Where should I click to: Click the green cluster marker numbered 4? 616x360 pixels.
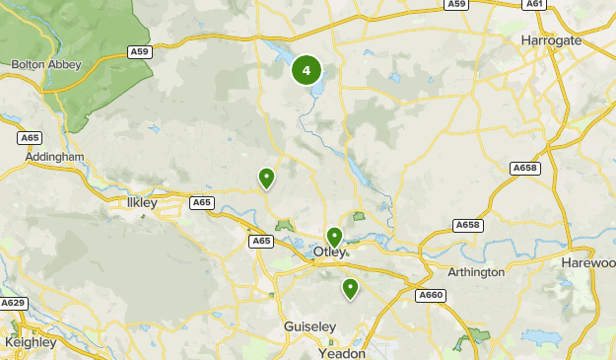(307, 70)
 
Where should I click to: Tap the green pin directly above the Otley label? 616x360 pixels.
(334, 237)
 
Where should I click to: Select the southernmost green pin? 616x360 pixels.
(349, 288)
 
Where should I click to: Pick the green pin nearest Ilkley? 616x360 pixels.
(265, 178)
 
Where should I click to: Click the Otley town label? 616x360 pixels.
(329, 252)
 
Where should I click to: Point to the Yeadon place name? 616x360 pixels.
(342, 352)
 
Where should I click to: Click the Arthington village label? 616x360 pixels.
(476, 272)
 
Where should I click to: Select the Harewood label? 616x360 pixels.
(589, 264)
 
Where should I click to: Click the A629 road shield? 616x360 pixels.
(13, 302)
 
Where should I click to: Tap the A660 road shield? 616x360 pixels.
(431, 295)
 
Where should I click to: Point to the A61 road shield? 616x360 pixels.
(534, 4)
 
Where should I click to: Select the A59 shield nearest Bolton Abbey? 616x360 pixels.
(140, 51)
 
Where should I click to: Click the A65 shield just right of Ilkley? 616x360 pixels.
(202, 202)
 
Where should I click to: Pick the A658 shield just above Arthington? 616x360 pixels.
(468, 226)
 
